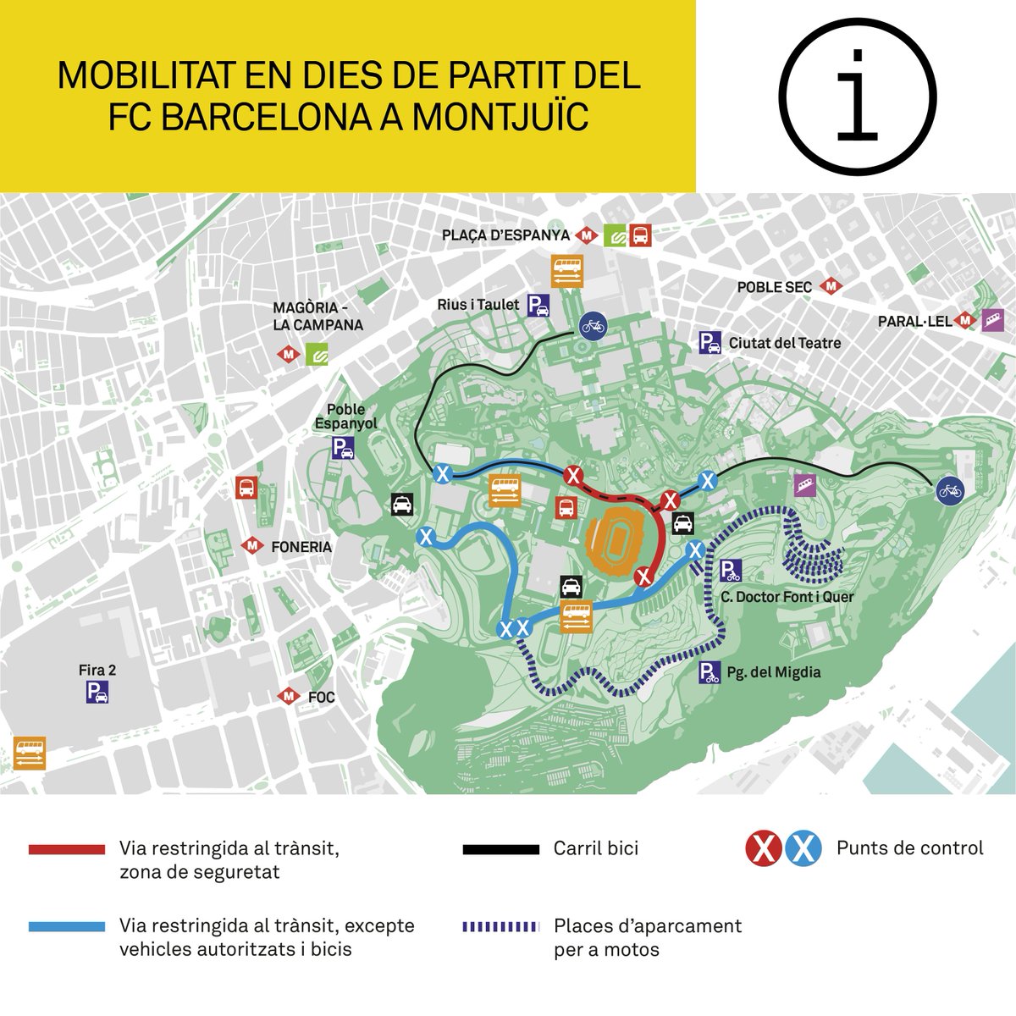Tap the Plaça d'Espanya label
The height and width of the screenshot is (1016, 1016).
click(507, 235)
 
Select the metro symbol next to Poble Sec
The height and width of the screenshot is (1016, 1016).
click(833, 287)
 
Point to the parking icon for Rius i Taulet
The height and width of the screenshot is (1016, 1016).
click(538, 306)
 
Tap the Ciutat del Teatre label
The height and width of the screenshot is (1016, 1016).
click(784, 343)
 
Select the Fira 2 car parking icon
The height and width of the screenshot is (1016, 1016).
click(97, 693)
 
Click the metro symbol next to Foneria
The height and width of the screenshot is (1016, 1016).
click(251, 546)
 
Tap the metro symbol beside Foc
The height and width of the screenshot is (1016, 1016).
click(290, 697)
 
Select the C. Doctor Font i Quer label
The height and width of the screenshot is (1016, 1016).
click(787, 597)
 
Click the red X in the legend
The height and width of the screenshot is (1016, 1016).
click(763, 848)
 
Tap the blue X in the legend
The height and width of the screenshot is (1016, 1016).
click(803, 848)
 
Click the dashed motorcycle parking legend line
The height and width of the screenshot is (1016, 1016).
click(500, 926)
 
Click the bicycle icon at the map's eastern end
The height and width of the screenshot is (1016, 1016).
click(949, 489)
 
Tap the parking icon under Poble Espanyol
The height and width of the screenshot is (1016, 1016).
click(343, 448)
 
